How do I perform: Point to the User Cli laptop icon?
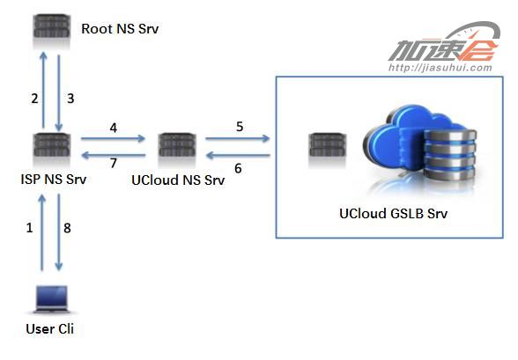[x=52, y=299]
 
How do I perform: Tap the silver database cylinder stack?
[x=450, y=154]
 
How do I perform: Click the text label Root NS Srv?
[x=120, y=29]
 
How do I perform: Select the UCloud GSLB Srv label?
[x=393, y=214]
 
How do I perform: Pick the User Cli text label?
[x=49, y=329]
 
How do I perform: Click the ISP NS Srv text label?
[x=54, y=180]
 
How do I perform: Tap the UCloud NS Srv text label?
[x=178, y=180]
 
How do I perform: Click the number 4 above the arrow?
[x=114, y=128]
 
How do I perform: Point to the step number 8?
[x=67, y=228]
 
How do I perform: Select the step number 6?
[x=238, y=168]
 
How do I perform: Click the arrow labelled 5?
[x=237, y=138]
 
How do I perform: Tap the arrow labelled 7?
[x=114, y=155]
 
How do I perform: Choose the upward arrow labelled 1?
[x=42, y=232]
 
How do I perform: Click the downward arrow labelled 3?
[x=59, y=92]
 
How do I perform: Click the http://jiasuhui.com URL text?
[x=440, y=68]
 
